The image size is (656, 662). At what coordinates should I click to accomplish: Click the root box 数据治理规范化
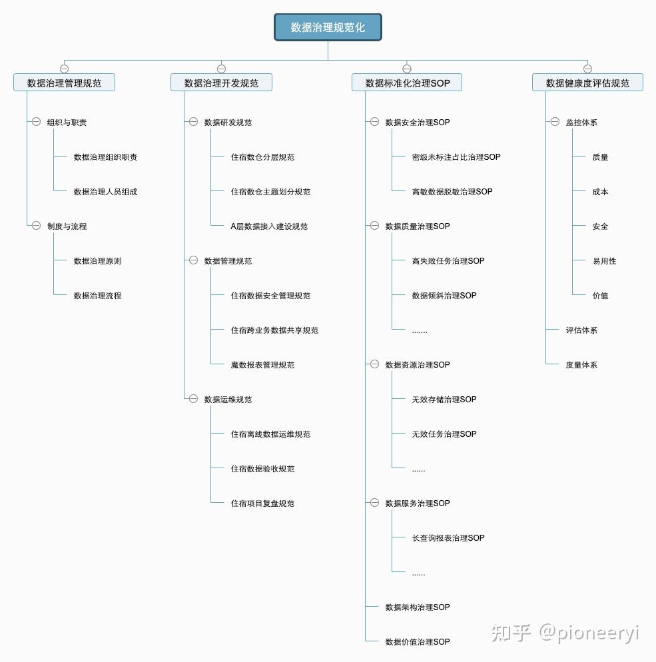click(x=328, y=27)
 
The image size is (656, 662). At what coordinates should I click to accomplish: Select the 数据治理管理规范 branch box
click(x=64, y=83)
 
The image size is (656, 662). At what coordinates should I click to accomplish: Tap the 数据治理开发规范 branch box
click(x=221, y=83)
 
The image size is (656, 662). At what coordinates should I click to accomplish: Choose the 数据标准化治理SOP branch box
click(x=407, y=83)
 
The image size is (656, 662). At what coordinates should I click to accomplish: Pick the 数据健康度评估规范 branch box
click(x=587, y=83)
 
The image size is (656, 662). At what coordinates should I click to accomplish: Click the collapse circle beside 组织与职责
click(x=37, y=122)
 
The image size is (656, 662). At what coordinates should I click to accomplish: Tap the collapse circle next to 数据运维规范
click(x=193, y=399)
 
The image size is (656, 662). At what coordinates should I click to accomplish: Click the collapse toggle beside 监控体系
click(x=555, y=122)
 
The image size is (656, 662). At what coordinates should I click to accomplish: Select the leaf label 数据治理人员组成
click(x=105, y=192)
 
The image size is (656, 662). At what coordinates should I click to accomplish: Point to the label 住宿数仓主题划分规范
click(x=270, y=192)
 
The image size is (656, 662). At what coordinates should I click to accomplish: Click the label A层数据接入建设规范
click(x=269, y=226)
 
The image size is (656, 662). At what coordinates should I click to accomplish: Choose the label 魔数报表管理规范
click(x=262, y=365)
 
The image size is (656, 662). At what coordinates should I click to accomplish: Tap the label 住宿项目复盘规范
click(x=262, y=503)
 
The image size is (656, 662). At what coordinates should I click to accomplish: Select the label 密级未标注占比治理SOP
click(x=456, y=157)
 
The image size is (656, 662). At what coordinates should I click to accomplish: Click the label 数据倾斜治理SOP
click(x=444, y=296)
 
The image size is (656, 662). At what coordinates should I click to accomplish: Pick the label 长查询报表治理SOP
click(x=448, y=538)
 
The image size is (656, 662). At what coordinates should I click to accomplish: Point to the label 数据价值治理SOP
click(x=418, y=642)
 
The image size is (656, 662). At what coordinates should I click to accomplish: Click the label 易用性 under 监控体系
click(x=605, y=261)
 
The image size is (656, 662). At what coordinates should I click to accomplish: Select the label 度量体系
click(x=581, y=365)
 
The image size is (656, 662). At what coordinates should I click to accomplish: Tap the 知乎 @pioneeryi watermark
click(x=565, y=633)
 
